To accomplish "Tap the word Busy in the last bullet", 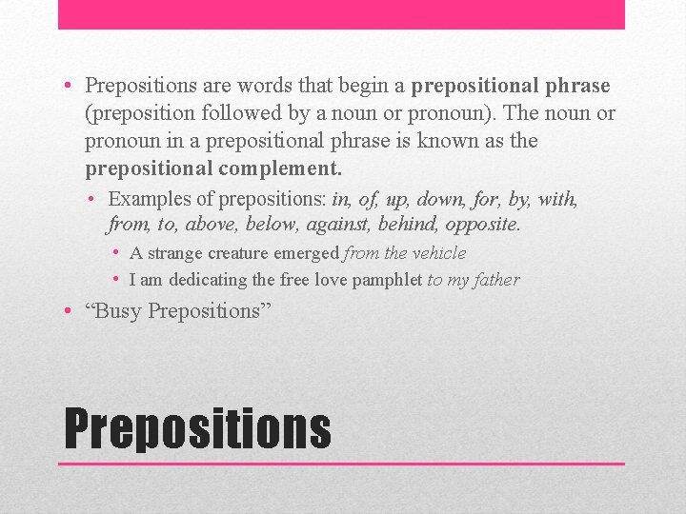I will (x=119, y=311).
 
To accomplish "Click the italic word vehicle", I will (x=439, y=253).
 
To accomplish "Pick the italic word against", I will (x=338, y=226).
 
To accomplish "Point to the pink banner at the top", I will (x=341, y=14).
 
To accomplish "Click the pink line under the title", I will (x=341, y=464).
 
